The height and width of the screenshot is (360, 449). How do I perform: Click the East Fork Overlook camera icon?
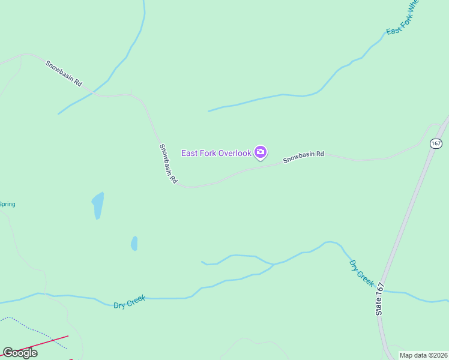261,153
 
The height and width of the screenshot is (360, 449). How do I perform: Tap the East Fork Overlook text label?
216,153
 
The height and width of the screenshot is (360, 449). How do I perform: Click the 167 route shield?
436,143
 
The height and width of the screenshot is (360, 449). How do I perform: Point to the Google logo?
20,353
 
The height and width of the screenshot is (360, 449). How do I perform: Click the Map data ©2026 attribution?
423,355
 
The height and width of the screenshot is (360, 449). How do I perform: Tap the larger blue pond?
97,205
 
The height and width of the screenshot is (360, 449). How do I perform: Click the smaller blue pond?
134,243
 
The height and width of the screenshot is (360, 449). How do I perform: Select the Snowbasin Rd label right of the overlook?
304,157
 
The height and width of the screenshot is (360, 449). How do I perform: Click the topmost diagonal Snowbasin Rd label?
64,73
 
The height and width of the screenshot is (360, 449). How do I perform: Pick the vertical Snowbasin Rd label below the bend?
168,164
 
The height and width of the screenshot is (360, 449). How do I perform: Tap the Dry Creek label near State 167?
361,273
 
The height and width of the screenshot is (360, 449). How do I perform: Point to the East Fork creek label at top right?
402,18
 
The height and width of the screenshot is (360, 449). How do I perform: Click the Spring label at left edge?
7,204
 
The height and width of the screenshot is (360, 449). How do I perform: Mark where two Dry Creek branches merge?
273,264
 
